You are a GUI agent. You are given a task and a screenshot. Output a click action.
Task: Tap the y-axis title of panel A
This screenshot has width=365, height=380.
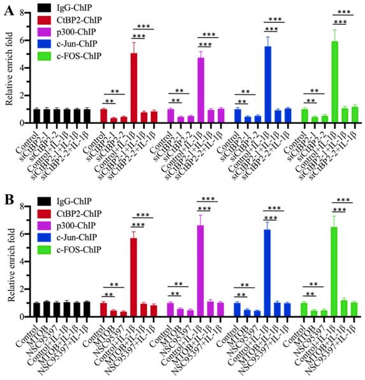coord(9,67)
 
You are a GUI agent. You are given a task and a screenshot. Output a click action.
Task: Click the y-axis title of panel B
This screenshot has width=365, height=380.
coord(9,261)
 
